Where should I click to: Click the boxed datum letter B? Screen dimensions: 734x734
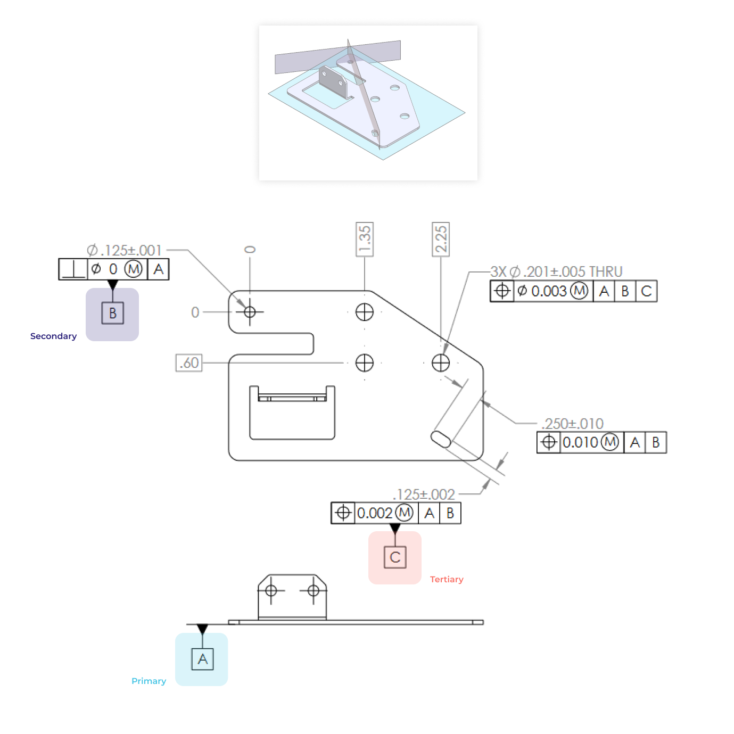(112, 313)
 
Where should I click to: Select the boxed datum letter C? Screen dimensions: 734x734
(395, 557)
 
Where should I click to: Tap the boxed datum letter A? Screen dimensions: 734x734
(202, 659)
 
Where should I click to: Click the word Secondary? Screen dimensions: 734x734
(53, 336)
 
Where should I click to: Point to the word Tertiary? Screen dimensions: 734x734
(447, 579)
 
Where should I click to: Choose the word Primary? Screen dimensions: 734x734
(149, 681)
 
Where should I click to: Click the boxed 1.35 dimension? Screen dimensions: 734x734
(365, 239)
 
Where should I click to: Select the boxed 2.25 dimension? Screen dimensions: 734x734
(441, 239)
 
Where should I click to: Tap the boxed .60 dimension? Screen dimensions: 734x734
(189, 363)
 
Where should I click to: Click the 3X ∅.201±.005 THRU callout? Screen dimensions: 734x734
(556, 271)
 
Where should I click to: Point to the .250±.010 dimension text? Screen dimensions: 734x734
(572, 424)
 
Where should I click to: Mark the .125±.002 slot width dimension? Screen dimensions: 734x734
(424, 494)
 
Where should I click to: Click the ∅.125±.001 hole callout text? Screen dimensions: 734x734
(124, 250)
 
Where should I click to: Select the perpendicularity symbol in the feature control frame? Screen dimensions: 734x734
(73, 269)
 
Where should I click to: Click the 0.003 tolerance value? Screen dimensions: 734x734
(549, 291)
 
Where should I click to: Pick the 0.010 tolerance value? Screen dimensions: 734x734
(580, 442)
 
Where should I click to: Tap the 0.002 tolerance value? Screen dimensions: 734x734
(375, 513)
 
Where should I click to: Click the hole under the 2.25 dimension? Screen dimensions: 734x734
(441, 363)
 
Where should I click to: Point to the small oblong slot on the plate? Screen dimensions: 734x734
(441, 440)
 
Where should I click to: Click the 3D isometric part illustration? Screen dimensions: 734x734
(368, 103)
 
